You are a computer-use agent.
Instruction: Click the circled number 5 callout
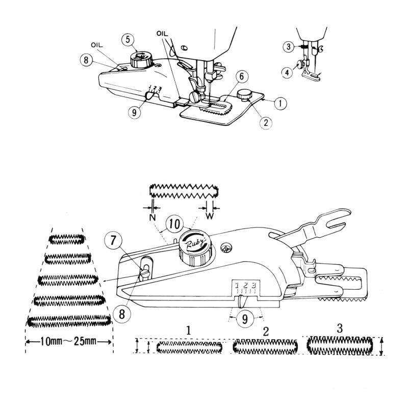[128, 39]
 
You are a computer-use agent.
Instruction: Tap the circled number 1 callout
[280, 104]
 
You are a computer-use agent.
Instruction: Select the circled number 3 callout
[289, 47]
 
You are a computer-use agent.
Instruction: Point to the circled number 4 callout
[288, 72]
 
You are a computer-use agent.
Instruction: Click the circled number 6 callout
[242, 76]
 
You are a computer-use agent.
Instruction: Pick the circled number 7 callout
[113, 240]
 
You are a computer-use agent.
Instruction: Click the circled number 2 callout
[266, 122]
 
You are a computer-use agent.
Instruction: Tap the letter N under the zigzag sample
[152, 217]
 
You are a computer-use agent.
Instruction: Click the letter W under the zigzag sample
[210, 216]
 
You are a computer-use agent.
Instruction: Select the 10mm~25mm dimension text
[68, 341]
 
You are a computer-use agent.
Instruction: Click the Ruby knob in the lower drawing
[195, 247]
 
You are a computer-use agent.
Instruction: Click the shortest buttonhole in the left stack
[67, 239]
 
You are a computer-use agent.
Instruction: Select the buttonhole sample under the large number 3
[340, 346]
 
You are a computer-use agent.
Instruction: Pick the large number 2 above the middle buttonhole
[266, 331]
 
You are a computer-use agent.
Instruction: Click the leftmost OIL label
[97, 45]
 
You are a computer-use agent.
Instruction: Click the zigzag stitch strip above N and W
[184, 191]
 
